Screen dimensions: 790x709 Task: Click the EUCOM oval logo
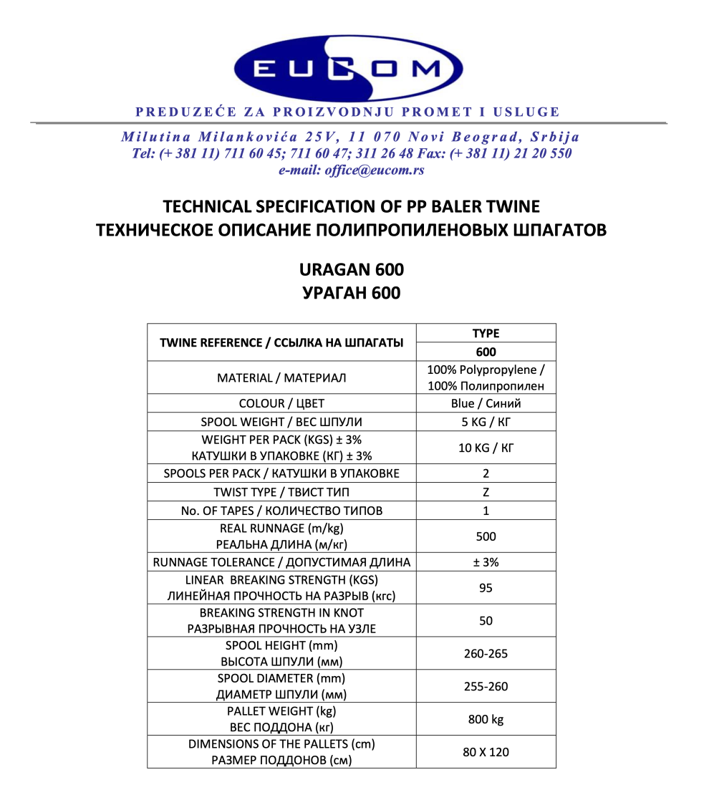pyautogui.click(x=347, y=68)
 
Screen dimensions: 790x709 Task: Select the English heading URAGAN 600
pyautogui.click(x=351, y=270)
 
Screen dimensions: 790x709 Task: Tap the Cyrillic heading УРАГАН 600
pyautogui.click(x=351, y=293)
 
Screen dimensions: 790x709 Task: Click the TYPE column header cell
pyautogui.click(x=486, y=333)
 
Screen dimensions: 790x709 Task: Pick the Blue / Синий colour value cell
pyautogui.click(x=486, y=403)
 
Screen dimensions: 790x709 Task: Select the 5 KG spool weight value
pyautogui.click(x=486, y=422)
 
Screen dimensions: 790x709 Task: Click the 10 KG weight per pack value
pyautogui.click(x=486, y=448)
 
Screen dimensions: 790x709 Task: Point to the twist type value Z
pyautogui.click(x=486, y=492)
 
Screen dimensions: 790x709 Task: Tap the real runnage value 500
pyautogui.click(x=486, y=536)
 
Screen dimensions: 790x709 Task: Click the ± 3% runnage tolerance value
pyautogui.click(x=486, y=562)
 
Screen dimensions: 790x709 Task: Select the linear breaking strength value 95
pyautogui.click(x=486, y=588)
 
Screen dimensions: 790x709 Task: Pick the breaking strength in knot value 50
pyautogui.click(x=486, y=621)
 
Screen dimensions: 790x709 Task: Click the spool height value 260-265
pyautogui.click(x=486, y=654)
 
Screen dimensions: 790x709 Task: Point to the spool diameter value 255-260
pyautogui.click(x=486, y=687)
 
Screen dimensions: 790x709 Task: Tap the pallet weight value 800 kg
pyautogui.click(x=486, y=719)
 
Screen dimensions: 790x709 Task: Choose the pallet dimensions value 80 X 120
pyautogui.click(x=486, y=752)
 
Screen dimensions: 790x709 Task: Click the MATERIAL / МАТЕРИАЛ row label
pyautogui.click(x=281, y=377)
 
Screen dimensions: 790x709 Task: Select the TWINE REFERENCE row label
pyautogui.click(x=281, y=342)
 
